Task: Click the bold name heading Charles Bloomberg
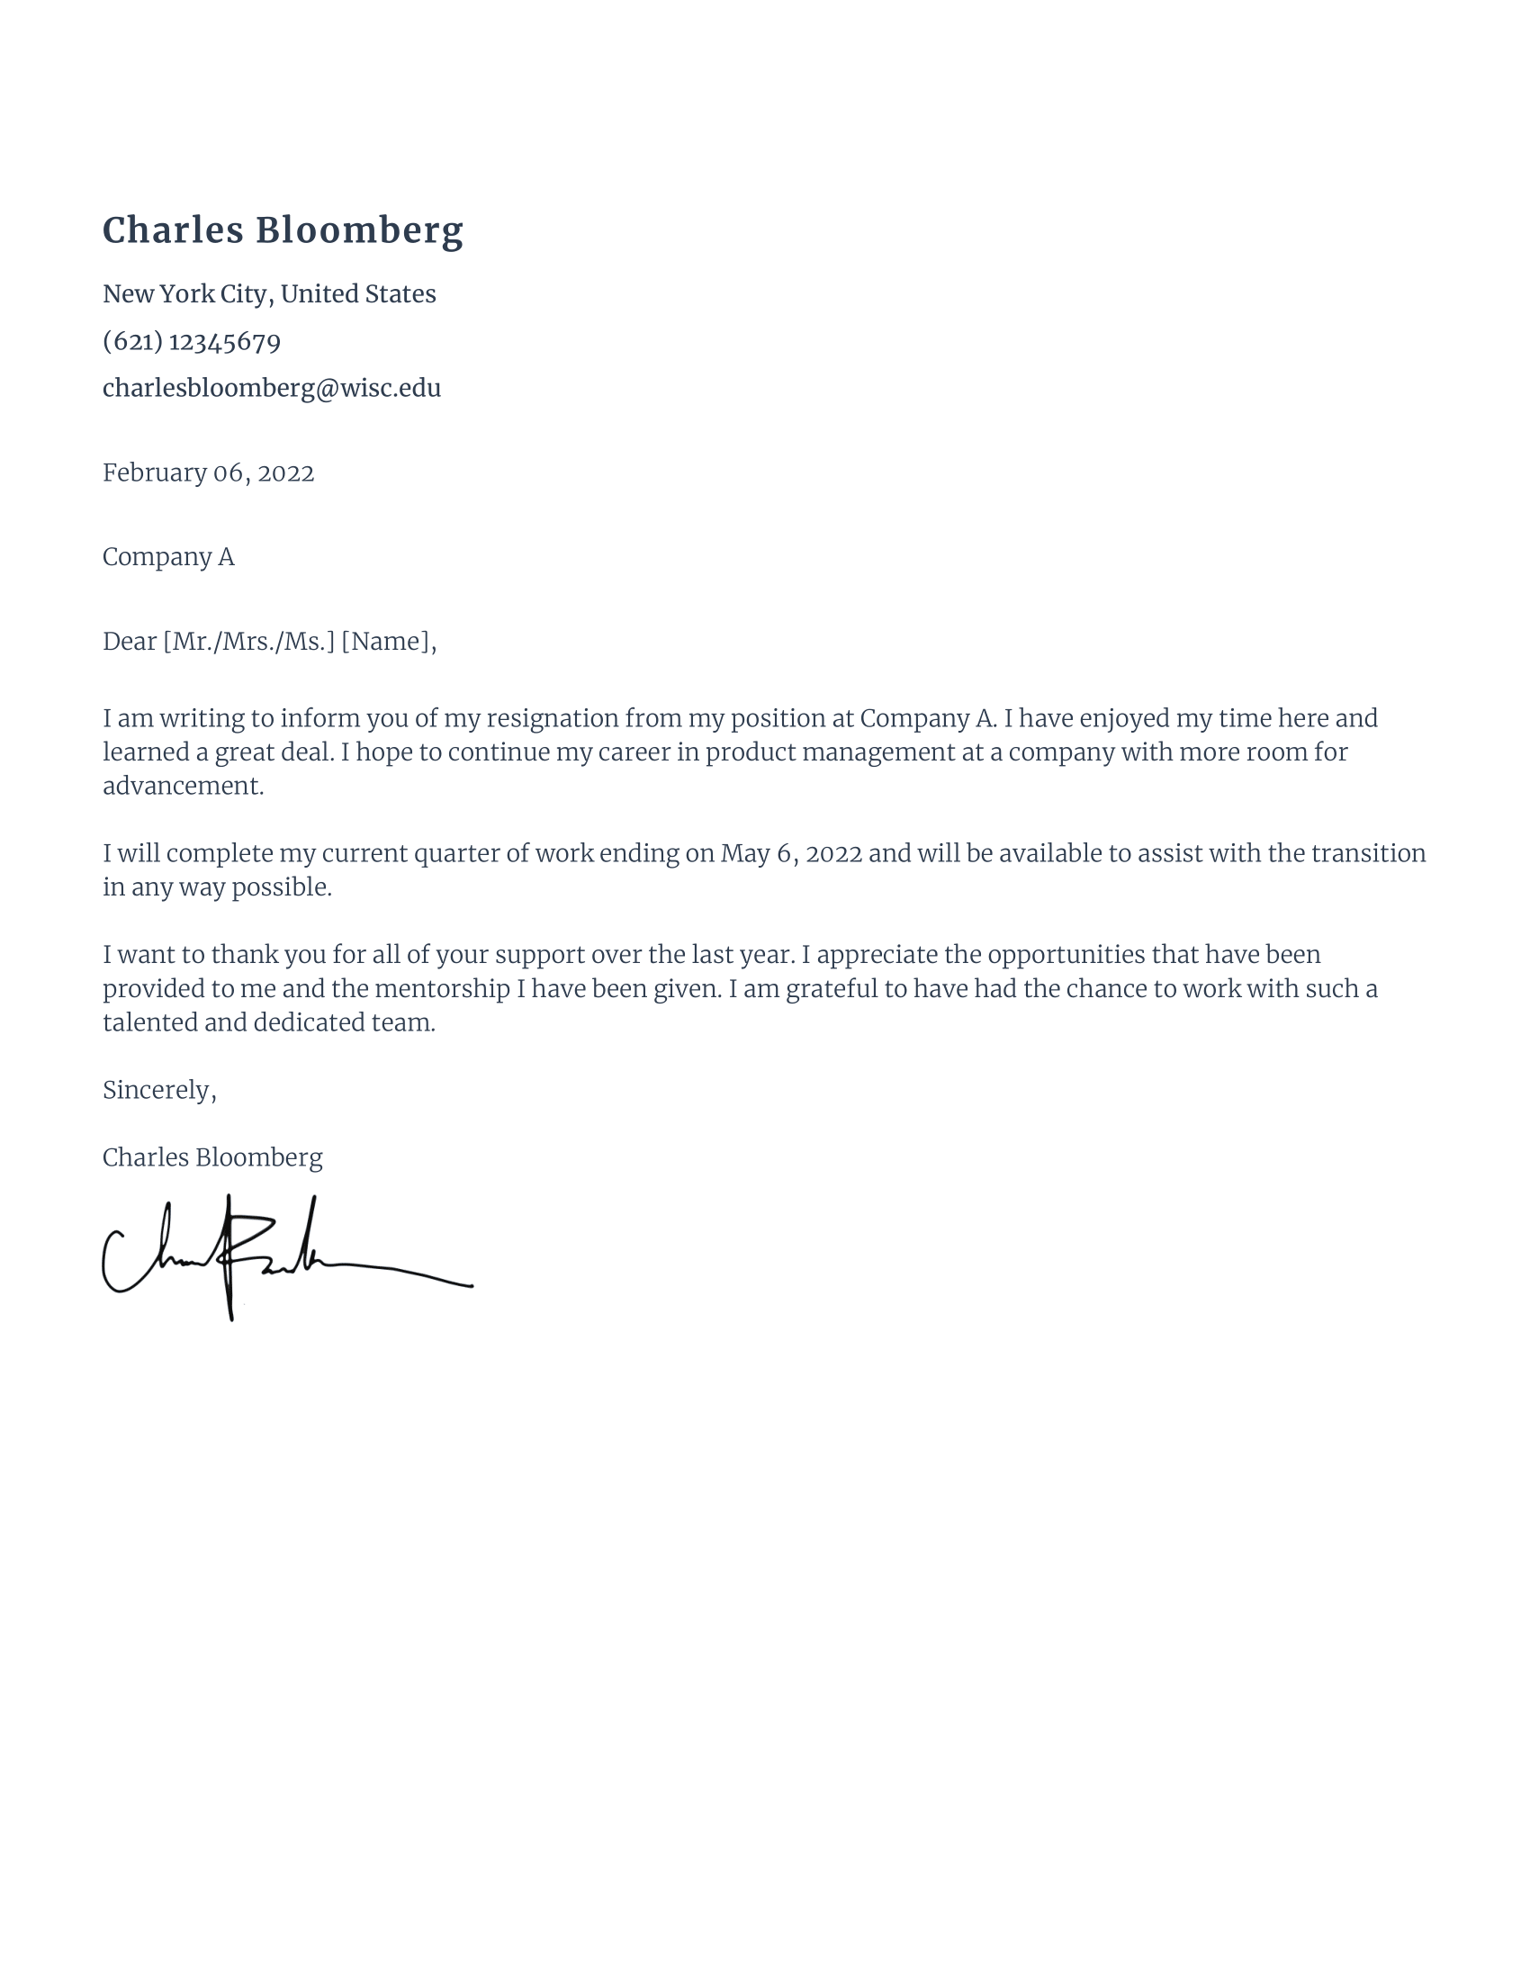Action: click(282, 230)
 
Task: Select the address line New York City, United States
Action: click(269, 293)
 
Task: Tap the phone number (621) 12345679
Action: click(191, 341)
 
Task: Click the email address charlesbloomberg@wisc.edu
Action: click(271, 388)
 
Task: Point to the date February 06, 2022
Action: click(208, 472)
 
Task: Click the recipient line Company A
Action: click(167, 556)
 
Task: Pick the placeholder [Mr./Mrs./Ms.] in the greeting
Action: click(248, 641)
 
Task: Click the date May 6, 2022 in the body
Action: click(790, 853)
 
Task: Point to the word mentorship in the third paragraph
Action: click(441, 988)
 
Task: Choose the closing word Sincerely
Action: click(157, 1090)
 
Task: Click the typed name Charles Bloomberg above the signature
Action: click(212, 1157)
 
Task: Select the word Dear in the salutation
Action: click(130, 641)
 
